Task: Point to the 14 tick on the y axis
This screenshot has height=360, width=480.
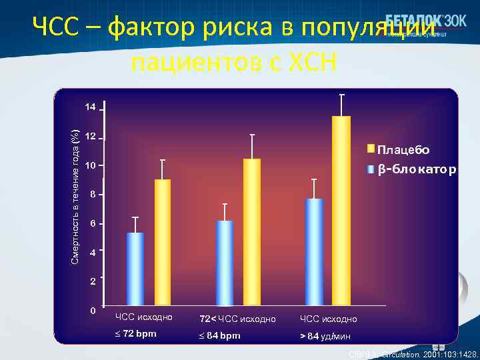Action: [90, 107]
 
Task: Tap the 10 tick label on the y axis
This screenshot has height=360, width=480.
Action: [90, 165]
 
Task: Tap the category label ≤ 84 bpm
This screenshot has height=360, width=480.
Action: [221, 335]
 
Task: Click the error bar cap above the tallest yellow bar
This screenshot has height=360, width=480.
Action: [341, 95]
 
